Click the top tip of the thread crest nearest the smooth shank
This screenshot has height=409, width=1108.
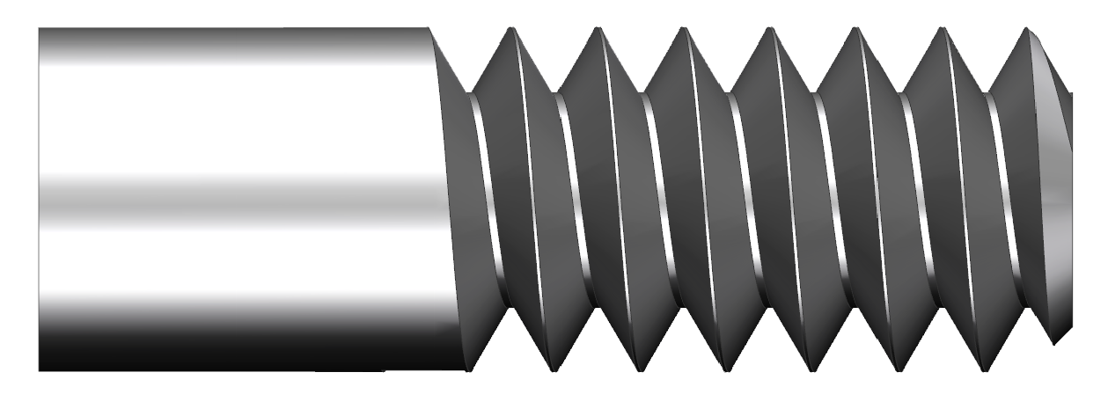click(512, 28)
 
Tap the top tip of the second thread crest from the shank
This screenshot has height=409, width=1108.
click(598, 28)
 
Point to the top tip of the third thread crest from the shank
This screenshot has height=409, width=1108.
click(685, 28)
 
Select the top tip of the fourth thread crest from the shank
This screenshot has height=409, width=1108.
click(771, 28)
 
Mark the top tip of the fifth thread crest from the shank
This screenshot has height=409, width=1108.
click(856, 28)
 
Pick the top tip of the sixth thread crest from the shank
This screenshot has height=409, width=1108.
click(943, 28)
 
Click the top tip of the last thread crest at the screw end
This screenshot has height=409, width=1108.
click(1029, 28)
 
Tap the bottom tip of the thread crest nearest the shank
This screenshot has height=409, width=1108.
click(552, 370)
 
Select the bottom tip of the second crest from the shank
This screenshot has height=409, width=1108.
click(638, 370)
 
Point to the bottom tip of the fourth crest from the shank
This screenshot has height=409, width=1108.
click(810, 370)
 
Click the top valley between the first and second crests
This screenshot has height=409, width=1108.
click(557, 92)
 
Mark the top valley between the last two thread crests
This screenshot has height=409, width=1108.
click(988, 92)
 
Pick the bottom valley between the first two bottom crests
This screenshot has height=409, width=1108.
click(595, 308)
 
